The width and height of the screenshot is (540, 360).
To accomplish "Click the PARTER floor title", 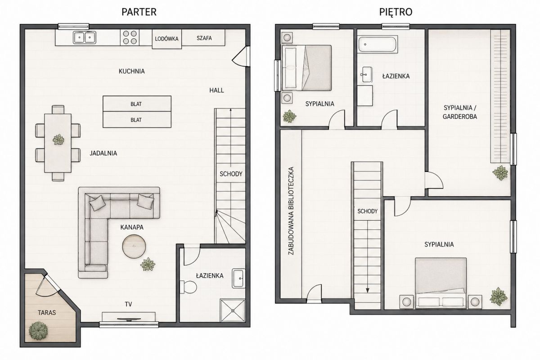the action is [x=139, y=12].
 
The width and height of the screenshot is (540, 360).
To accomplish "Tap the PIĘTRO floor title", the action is [x=396, y=12].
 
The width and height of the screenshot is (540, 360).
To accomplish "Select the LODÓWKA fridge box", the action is [x=166, y=39].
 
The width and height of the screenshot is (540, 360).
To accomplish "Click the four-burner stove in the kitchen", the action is [x=130, y=37].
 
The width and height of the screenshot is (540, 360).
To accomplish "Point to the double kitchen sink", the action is [x=85, y=37].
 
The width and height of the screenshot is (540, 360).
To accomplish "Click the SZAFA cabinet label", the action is [x=204, y=38].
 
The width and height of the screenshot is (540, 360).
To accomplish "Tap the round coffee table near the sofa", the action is [x=134, y=246].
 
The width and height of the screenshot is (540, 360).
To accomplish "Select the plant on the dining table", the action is [x=58, y=139].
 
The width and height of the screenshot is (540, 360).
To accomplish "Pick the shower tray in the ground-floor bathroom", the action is [x=232, y=310].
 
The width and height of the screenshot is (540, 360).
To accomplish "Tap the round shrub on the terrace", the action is [x=38, y=331].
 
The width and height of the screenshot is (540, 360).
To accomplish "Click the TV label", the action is [x=129, y=304].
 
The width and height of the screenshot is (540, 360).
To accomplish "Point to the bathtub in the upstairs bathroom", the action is [x=377, y=44].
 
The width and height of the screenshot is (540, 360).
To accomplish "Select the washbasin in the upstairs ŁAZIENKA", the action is [x=367, y=75].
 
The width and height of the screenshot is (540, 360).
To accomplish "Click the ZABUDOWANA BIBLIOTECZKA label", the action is [x=291, y=211].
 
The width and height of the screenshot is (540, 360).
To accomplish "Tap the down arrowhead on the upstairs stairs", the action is [x=367, y=290].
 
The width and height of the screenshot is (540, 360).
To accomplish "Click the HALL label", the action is [x=216, y=90].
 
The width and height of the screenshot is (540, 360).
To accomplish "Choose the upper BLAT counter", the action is [x=137, y=103].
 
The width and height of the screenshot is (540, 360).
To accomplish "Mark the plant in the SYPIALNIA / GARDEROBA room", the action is [x=500, y=173].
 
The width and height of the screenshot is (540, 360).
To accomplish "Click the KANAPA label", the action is [x=132, y=227].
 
